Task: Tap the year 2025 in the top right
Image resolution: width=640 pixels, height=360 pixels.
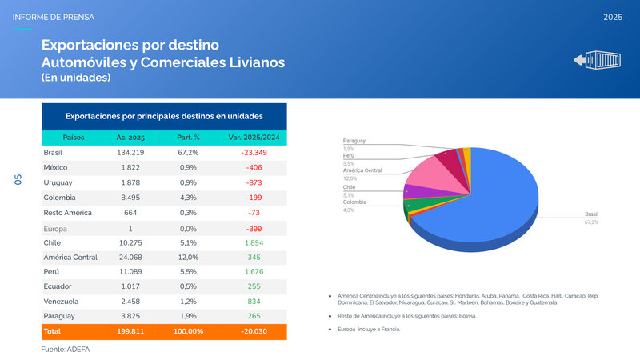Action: point(613,17)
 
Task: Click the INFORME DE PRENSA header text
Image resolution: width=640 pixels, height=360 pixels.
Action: point(53,17)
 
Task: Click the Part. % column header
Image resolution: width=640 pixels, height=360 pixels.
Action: point(188,138)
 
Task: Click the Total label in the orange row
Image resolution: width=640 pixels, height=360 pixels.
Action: point(52,331)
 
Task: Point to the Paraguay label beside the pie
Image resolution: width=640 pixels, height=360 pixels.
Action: point(354,141)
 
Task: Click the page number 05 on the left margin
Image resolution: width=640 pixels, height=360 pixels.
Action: point(18,180)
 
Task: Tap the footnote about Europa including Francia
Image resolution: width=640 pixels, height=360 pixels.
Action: point(370,330)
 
